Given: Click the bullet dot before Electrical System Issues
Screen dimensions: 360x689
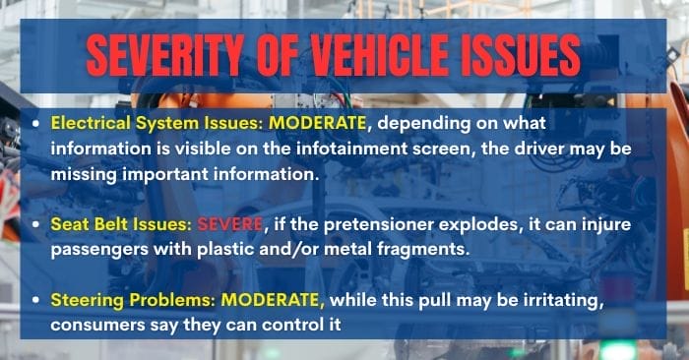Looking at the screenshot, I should (x=36, y=125).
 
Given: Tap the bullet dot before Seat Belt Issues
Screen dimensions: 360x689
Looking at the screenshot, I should (x=36, y=225).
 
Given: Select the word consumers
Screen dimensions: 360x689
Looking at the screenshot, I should (x=94, y=321).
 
